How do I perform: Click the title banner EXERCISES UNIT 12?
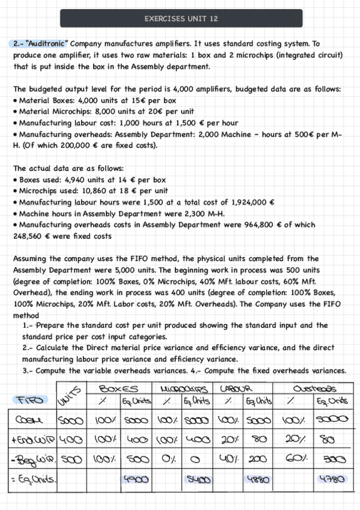coord(181,19)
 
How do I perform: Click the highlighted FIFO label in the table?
coord(29,400)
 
